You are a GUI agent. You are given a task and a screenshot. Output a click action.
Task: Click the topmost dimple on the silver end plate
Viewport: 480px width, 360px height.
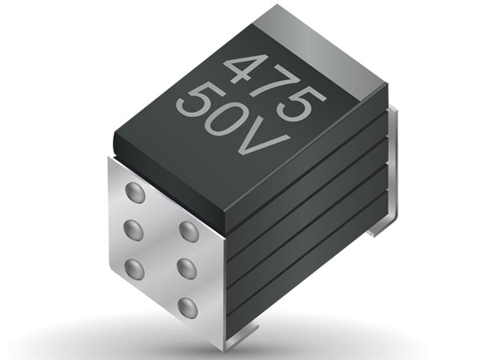pos(135,193)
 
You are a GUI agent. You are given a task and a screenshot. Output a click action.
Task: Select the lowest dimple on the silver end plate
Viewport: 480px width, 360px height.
pos(187,307)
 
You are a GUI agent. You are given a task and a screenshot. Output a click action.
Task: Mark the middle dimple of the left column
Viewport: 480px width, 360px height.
pos(134,230)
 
